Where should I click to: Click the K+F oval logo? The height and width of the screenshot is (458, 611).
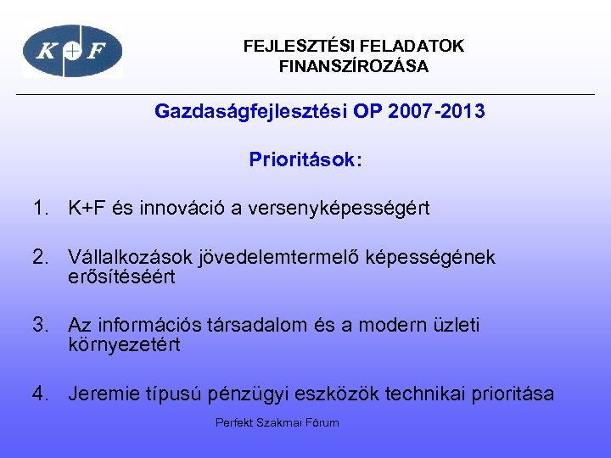72,52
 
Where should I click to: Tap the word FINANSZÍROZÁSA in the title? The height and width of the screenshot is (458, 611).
354,66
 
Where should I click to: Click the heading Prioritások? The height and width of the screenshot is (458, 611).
305,159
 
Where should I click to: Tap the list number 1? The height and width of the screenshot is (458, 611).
41,208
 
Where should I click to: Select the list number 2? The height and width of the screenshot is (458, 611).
41,257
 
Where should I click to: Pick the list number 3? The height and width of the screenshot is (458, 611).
41,326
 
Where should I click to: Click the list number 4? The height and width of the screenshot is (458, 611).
41,394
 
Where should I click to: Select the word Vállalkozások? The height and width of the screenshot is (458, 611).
131,257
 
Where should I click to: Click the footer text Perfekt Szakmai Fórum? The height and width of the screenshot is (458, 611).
277,422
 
